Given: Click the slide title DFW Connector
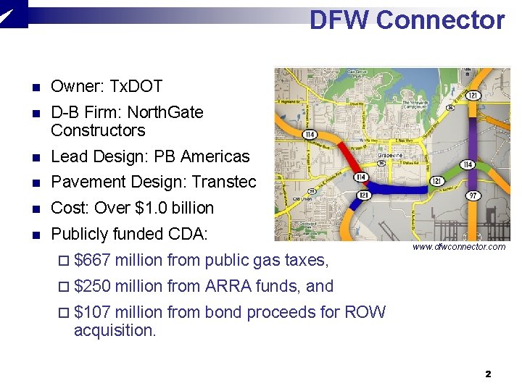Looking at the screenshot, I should pos(407,20).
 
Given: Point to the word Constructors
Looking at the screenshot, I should pos(98,131).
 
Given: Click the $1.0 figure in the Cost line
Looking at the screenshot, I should pos(151,208).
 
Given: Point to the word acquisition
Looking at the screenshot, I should pos(115,331).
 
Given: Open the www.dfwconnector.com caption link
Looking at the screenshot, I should pos(458,247).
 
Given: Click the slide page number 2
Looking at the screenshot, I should pos(488,374).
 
